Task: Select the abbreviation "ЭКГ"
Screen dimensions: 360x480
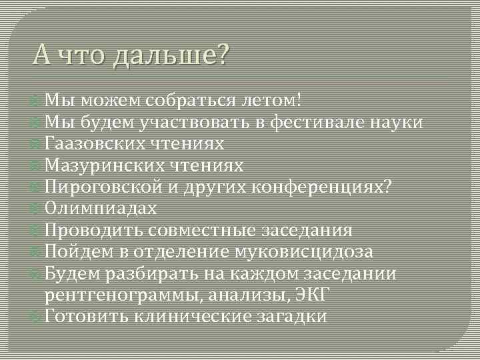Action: tap(317, 294)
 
